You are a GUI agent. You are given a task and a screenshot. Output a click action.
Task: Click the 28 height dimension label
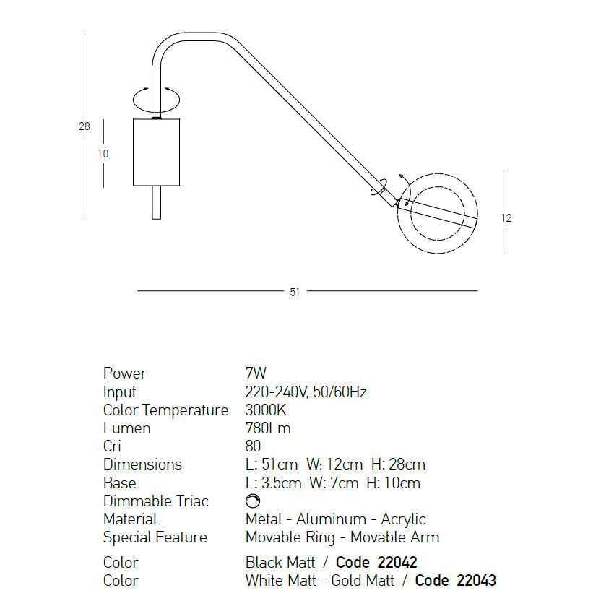(85, 126)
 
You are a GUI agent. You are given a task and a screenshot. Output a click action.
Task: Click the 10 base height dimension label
(103, 154)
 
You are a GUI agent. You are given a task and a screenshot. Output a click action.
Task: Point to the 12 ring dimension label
(506, 218)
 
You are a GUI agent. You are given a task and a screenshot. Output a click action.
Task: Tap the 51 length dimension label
(295, 292)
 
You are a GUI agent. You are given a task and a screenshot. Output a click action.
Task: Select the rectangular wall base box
(156, 152)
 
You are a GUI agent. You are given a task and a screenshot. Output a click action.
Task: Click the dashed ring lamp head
(437, 174)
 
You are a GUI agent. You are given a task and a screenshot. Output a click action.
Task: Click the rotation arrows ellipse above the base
(156, 100)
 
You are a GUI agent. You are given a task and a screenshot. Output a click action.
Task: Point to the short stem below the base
(156, 202)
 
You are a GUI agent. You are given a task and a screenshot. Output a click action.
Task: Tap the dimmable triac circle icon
(253, 501)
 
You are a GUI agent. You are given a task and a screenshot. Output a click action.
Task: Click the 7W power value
(256, 373)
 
